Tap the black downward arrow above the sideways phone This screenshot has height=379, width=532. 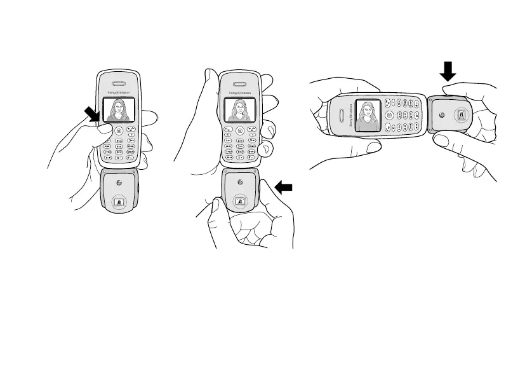pos(448,69)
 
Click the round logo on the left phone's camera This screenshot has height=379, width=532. pos(118,182)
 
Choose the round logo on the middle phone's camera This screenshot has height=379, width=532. pos(240,181)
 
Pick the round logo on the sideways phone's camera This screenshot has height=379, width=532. pos(441,116)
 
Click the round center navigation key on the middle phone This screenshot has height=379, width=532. pos(240,131)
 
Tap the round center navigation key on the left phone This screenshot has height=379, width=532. pos(118,131)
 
